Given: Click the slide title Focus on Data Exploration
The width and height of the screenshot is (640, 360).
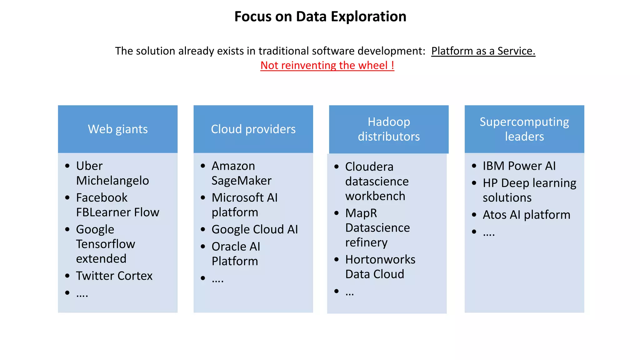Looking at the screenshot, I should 320,17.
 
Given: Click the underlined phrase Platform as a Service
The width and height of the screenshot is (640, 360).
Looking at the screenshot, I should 483,51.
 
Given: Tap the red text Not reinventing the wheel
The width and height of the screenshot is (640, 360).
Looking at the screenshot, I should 327,65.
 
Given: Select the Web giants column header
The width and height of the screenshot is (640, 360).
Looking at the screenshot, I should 118,129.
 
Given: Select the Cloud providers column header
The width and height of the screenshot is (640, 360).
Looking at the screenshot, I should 253,129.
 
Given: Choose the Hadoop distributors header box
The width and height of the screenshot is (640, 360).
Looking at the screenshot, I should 389,129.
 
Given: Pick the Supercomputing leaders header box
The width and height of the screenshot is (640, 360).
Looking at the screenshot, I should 524,129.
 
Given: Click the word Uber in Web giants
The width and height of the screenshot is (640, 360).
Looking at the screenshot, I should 89,166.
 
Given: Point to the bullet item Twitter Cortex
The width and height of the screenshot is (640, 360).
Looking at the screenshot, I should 114,276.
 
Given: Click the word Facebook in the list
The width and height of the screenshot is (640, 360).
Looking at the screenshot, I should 102,198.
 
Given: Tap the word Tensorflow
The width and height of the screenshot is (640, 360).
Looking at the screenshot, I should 106,244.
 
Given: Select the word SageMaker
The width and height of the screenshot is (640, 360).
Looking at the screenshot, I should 241,181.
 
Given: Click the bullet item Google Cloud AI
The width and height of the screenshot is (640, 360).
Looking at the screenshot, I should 255,229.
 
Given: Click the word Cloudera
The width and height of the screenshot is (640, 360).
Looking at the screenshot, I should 369,167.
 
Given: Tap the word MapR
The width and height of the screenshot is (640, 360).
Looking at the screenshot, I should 361,213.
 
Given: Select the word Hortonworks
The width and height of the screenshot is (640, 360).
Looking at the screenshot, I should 380,260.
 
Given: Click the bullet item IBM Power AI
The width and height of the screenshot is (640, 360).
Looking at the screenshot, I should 519,166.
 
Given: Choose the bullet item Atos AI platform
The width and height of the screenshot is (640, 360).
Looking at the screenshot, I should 526,215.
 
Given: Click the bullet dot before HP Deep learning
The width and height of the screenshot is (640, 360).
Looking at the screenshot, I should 474,183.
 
